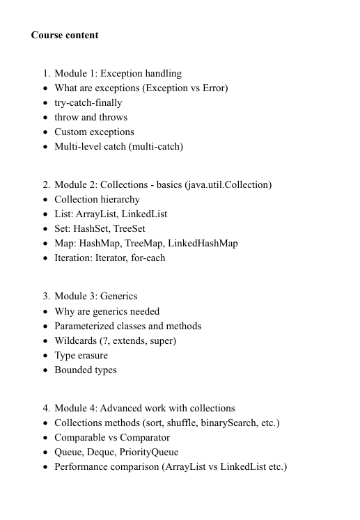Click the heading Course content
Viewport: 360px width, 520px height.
point(65,35)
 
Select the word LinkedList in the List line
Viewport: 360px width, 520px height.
point(144,214)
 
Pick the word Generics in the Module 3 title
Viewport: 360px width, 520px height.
point(119,296)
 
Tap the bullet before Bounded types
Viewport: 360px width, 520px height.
point(45,370)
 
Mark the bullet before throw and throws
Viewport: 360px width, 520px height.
point(45,117)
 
